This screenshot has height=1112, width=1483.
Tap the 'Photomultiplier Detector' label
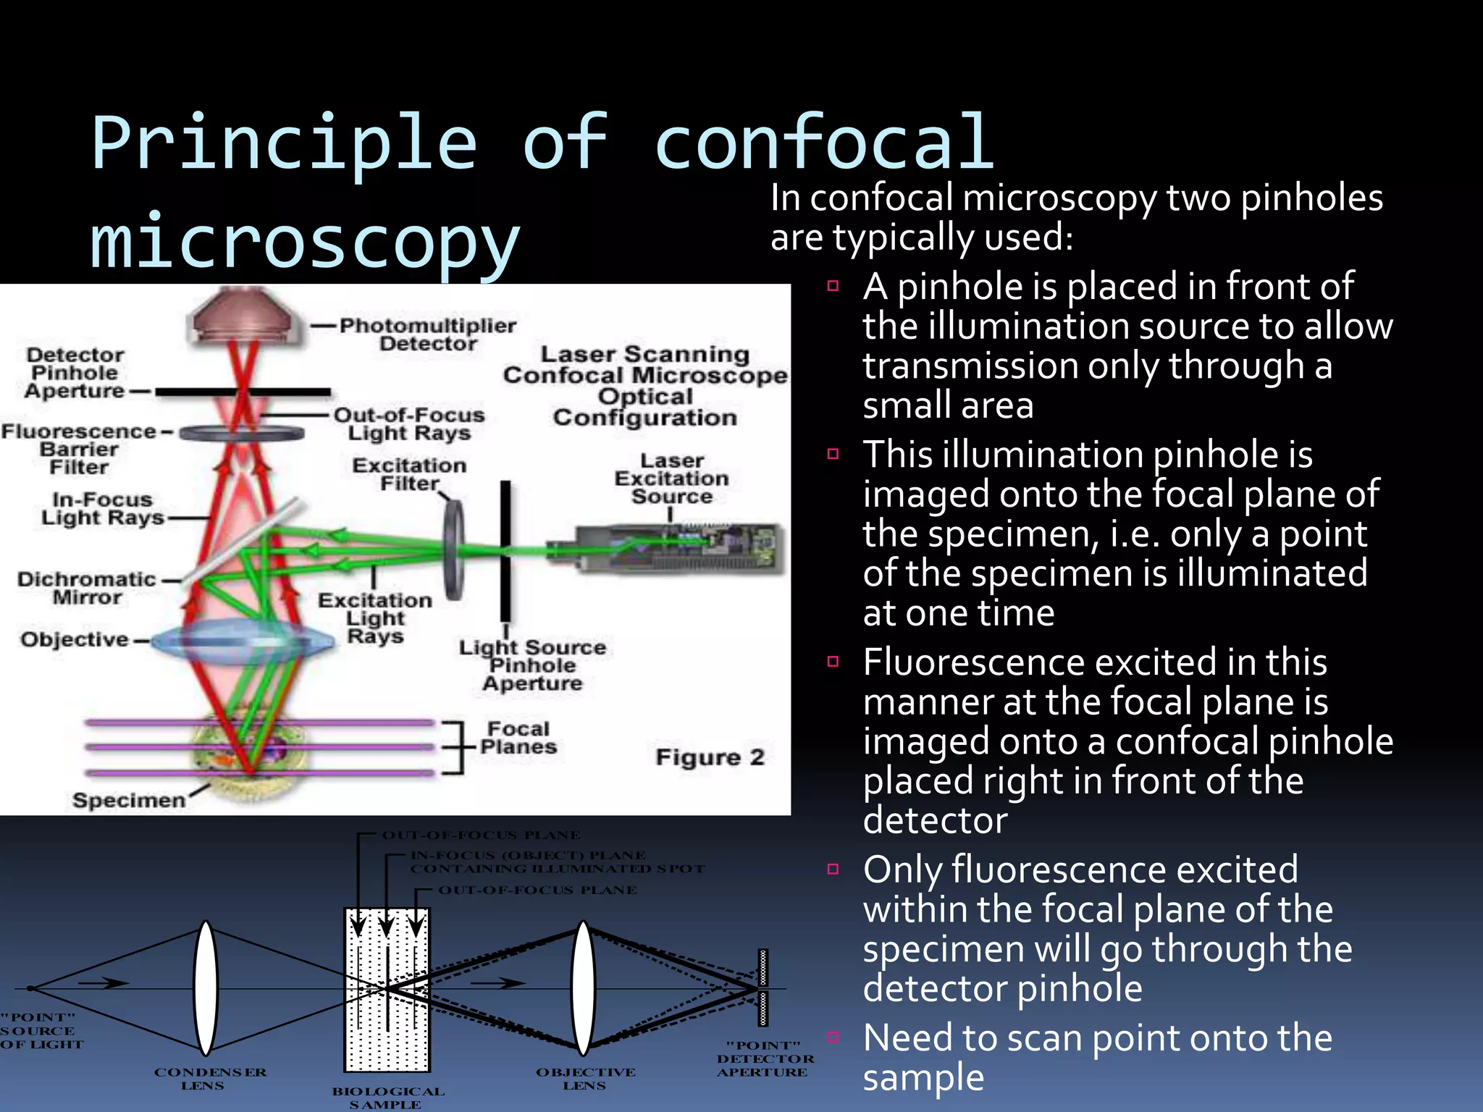(x=428, y=334)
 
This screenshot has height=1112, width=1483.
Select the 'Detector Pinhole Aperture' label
(x=75, y=373)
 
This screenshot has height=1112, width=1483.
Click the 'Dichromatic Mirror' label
(x=87, y=588)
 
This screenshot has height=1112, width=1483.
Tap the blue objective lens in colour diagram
(x=243, y=639)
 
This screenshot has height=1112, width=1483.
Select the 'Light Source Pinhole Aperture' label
(x=532, y=665)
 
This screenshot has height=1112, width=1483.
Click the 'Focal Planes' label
(x=518, y=738)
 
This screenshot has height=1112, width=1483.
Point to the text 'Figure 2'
(x=710, y=757)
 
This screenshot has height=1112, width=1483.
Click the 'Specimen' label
(x=129, y=800)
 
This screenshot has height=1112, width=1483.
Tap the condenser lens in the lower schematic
(x=206, y=988)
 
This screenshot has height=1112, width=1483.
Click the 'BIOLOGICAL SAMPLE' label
(x=387, y=1098)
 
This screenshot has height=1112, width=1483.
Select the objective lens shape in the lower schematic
(x=584, y=988)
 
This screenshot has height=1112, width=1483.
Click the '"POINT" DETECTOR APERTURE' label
(x=765, y=1058)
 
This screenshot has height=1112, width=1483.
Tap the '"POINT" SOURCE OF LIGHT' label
(x=40, y=1031)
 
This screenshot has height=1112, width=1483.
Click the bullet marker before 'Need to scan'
(x=833, y=1037)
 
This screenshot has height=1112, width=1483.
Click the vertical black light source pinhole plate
(x=505, y=550)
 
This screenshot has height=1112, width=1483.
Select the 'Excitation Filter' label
(x=409, y=474)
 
